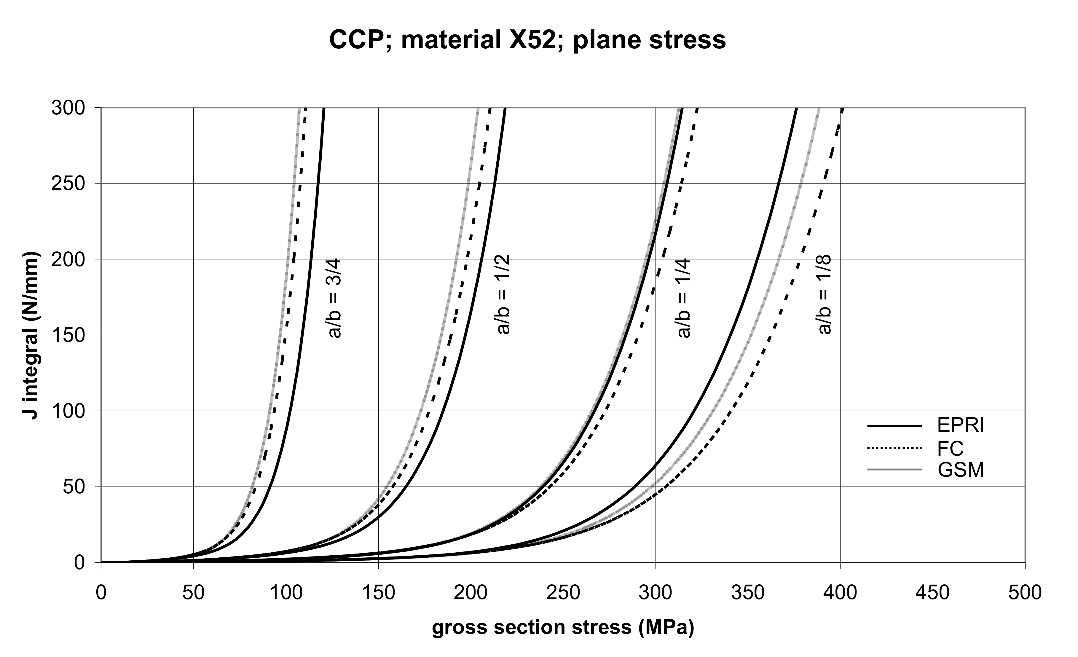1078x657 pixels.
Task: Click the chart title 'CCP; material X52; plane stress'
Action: coord(527,40)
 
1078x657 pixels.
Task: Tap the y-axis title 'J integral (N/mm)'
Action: coord(31,335)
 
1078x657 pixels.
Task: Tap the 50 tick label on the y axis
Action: coord(73,487)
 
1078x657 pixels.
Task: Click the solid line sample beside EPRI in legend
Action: coord(894,426)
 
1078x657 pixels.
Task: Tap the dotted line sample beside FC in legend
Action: coord(894,448)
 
